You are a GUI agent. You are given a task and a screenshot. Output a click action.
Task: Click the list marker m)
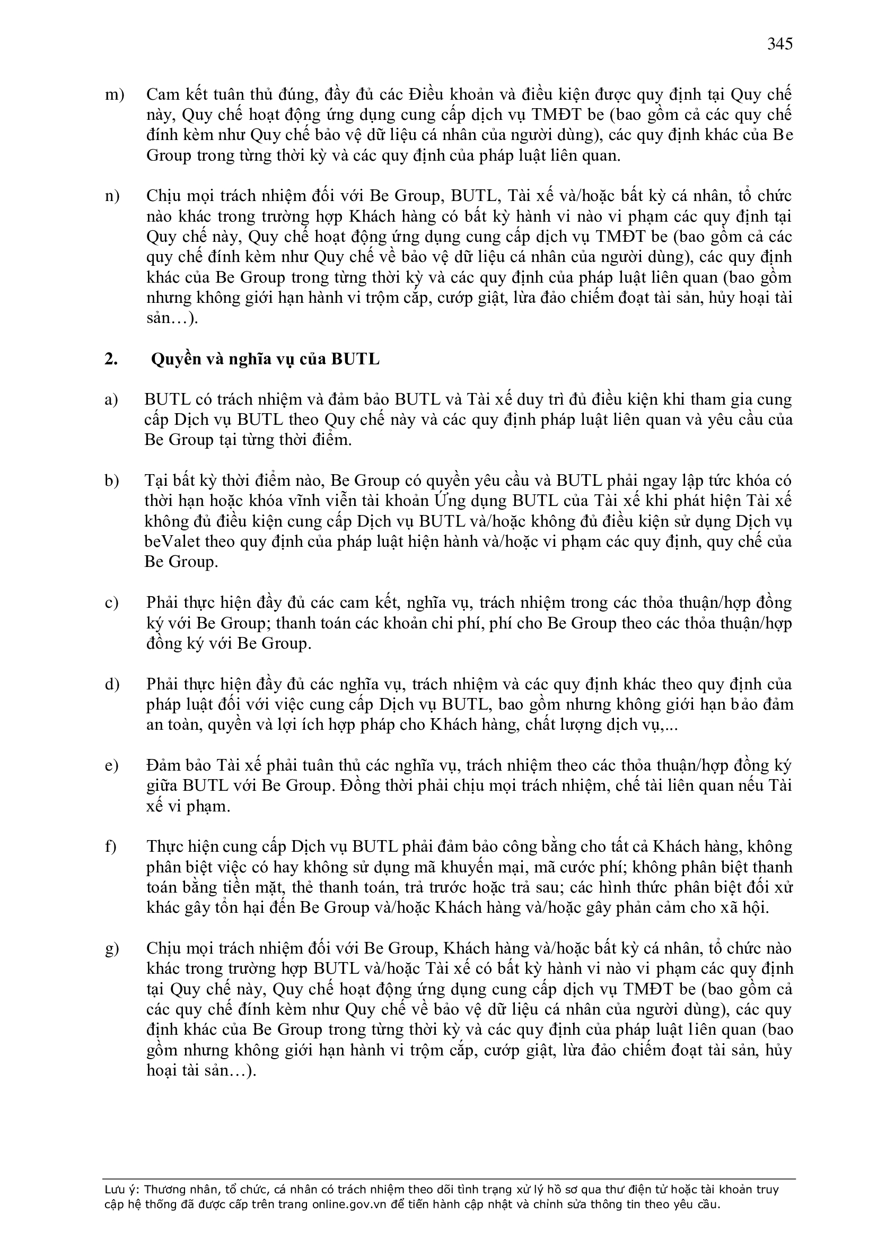tap(113, 95)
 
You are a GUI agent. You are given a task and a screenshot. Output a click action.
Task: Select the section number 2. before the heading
tap(111, 359)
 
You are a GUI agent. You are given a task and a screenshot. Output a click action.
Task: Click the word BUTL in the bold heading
tap(355, 359)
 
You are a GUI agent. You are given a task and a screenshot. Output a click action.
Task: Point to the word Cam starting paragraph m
tap(163, 95)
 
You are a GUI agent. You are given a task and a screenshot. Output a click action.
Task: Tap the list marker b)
tap(112, 481)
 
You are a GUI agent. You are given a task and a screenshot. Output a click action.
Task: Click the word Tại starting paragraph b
tap(156, 481)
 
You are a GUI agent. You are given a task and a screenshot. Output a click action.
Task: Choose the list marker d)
tap(112, 684)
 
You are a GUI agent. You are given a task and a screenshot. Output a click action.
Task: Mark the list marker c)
tap(111, 602)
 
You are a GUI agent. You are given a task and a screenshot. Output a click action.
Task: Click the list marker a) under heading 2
tap(111, 400)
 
